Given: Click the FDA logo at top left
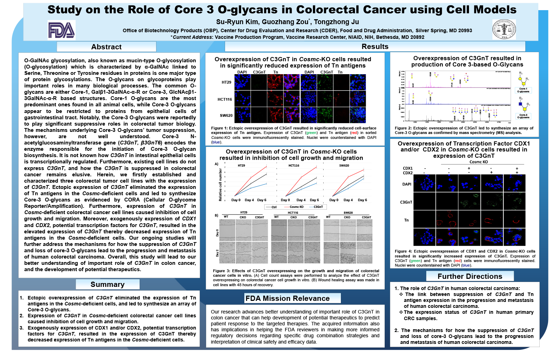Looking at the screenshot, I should pyautogui.click(x=61, y=30).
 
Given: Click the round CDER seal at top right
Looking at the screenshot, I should pyautogui.click(x=504, y=29).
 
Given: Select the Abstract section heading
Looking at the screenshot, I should pyautogui.click(x=106, y=47).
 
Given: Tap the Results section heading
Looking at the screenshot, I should pyautogui.click(x=375, y=47).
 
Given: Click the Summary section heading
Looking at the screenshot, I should pyautogui.click(x=107, y=284).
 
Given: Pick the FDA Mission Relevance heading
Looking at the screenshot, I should pyautogui.click(x=287, y=298).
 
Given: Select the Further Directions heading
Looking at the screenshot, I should pyautogui.click(x=470, y=276).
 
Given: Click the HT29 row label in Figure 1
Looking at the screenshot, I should pyautogui.click(x=226, y=83).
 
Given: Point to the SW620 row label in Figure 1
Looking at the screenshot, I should pyautogui.click(x=226, y=115).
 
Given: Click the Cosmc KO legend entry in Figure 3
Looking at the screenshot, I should pyautogui.click(x=296, y=207).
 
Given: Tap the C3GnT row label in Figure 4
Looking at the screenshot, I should pyautogui.click(x=406, y=202).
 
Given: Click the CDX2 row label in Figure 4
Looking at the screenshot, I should pyautogui.click(x=407, y=173).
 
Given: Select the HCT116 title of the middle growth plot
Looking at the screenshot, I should pyautogui.click(x=294, y=165).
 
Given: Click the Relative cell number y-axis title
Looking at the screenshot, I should pyautogui.click(x=220, y=184).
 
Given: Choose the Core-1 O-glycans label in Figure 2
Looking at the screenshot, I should pyautogui.click(x=523, y=90).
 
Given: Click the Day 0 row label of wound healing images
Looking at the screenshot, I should pyautogui.click(x=217, y=233).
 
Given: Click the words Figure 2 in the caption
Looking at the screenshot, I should pyautogui.click(x=401, y=128).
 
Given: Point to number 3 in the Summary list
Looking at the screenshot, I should pyautogui.click(x=22, y=328).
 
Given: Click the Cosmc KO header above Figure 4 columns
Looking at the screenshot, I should pyautogui.click(x=478, y=162).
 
